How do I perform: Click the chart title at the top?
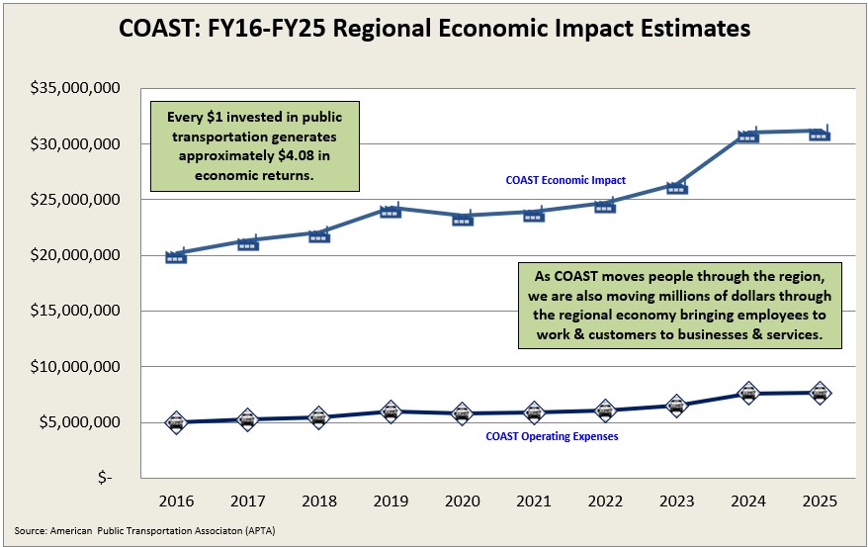click(x=434, y=29)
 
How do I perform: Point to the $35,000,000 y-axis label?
click(x=75, y=89)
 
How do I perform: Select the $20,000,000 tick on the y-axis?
click(x=75, y=255)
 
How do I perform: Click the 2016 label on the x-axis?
click(x=176, y=502)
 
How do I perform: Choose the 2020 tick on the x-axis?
click(x=463, y=502)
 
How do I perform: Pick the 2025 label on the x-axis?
click(x=820, y=502)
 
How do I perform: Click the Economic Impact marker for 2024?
click(x=748, y=136)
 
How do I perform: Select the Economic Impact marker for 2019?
click(x=391, y=210)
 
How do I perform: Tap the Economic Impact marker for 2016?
click(x=176, y=256)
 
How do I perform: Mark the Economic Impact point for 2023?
click(x=677, y=186)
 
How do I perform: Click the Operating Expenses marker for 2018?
click(x=319, y=417)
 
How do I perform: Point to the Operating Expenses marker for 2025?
click(x=820, y=393)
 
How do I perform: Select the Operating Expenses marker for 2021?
click(x=534, y=412)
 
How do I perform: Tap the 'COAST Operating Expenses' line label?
click(x=552, y=436)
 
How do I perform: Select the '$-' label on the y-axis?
click(x=106, y=478)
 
